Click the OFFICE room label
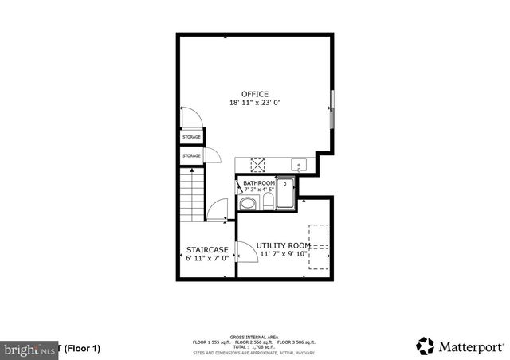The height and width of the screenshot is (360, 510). pos(256,94)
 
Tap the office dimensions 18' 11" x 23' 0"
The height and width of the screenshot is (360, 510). pos(256,103)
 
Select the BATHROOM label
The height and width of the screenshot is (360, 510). pos(260,183)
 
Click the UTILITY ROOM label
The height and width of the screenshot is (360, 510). pos(284,245)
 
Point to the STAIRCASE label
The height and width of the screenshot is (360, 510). pos(207,250)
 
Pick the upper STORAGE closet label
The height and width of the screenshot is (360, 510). pos(191,137)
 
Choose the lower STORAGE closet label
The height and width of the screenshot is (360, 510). pos(191,155)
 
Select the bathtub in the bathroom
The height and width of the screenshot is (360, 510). pos(286,195)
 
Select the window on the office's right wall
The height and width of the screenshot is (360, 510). pos(332,108)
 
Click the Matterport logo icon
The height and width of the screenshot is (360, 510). pos(425,346)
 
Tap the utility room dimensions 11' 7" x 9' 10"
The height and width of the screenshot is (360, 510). pos(284,254)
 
